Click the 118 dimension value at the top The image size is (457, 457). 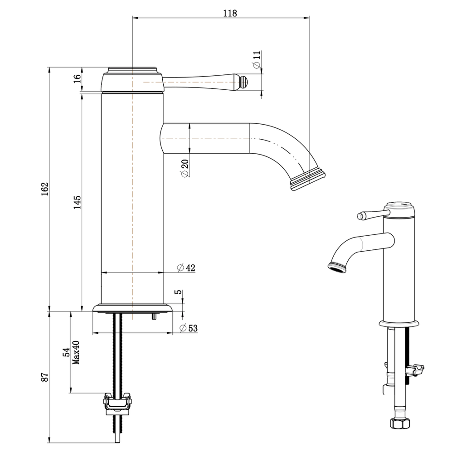[x=230, y=13]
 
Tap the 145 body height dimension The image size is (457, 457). [x=78, y=202]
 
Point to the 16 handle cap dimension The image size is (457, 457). [x=78, y=78]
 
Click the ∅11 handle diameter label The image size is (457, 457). [x=257, y=60]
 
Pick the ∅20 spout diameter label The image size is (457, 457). [x=185, y=168]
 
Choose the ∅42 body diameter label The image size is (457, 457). [x=186, y=267]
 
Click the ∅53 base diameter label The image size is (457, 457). [x=188, y=328]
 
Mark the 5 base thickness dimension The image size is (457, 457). [x=179, y=292]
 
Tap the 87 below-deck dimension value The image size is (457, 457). [x=44, y=377]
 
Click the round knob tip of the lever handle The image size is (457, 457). [x=244, y=82]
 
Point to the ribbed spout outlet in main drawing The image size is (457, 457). [x=308, y=180]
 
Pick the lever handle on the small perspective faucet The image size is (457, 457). [x=369, y=214]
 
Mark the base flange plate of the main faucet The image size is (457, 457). [x=132, y=308]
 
